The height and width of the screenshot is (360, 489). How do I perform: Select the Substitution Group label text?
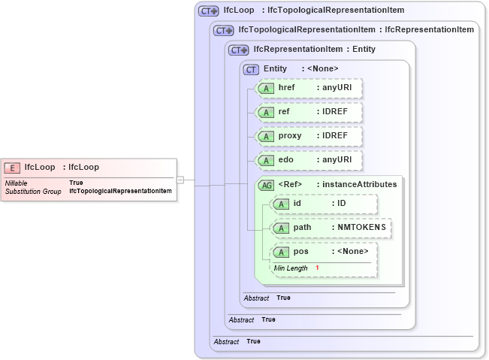point(33,192)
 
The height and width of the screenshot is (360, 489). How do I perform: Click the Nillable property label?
point(17,183)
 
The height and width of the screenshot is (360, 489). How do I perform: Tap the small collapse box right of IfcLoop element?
point(180,180)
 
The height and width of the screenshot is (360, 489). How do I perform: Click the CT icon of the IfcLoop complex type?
point(208,11)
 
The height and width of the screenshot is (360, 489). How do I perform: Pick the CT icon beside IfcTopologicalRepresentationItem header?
point(223,30)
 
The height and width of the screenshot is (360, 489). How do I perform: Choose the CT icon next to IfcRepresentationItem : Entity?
point(238,50)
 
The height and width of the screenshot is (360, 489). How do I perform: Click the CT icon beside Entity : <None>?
point(252,69)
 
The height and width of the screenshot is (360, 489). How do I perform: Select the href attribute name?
point(287,88)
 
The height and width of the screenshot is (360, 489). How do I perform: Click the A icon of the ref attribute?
point(265,112)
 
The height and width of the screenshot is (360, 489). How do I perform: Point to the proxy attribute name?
point(290,136)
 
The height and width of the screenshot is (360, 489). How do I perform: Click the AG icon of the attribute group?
point(266,185)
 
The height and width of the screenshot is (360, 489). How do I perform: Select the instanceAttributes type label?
point(357,184)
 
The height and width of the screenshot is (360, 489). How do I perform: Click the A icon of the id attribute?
point(280,204)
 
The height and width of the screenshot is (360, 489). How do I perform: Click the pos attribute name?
point(300,252)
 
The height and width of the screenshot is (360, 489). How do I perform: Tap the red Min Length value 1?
point(317,268)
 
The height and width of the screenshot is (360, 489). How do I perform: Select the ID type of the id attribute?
point(341,204)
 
